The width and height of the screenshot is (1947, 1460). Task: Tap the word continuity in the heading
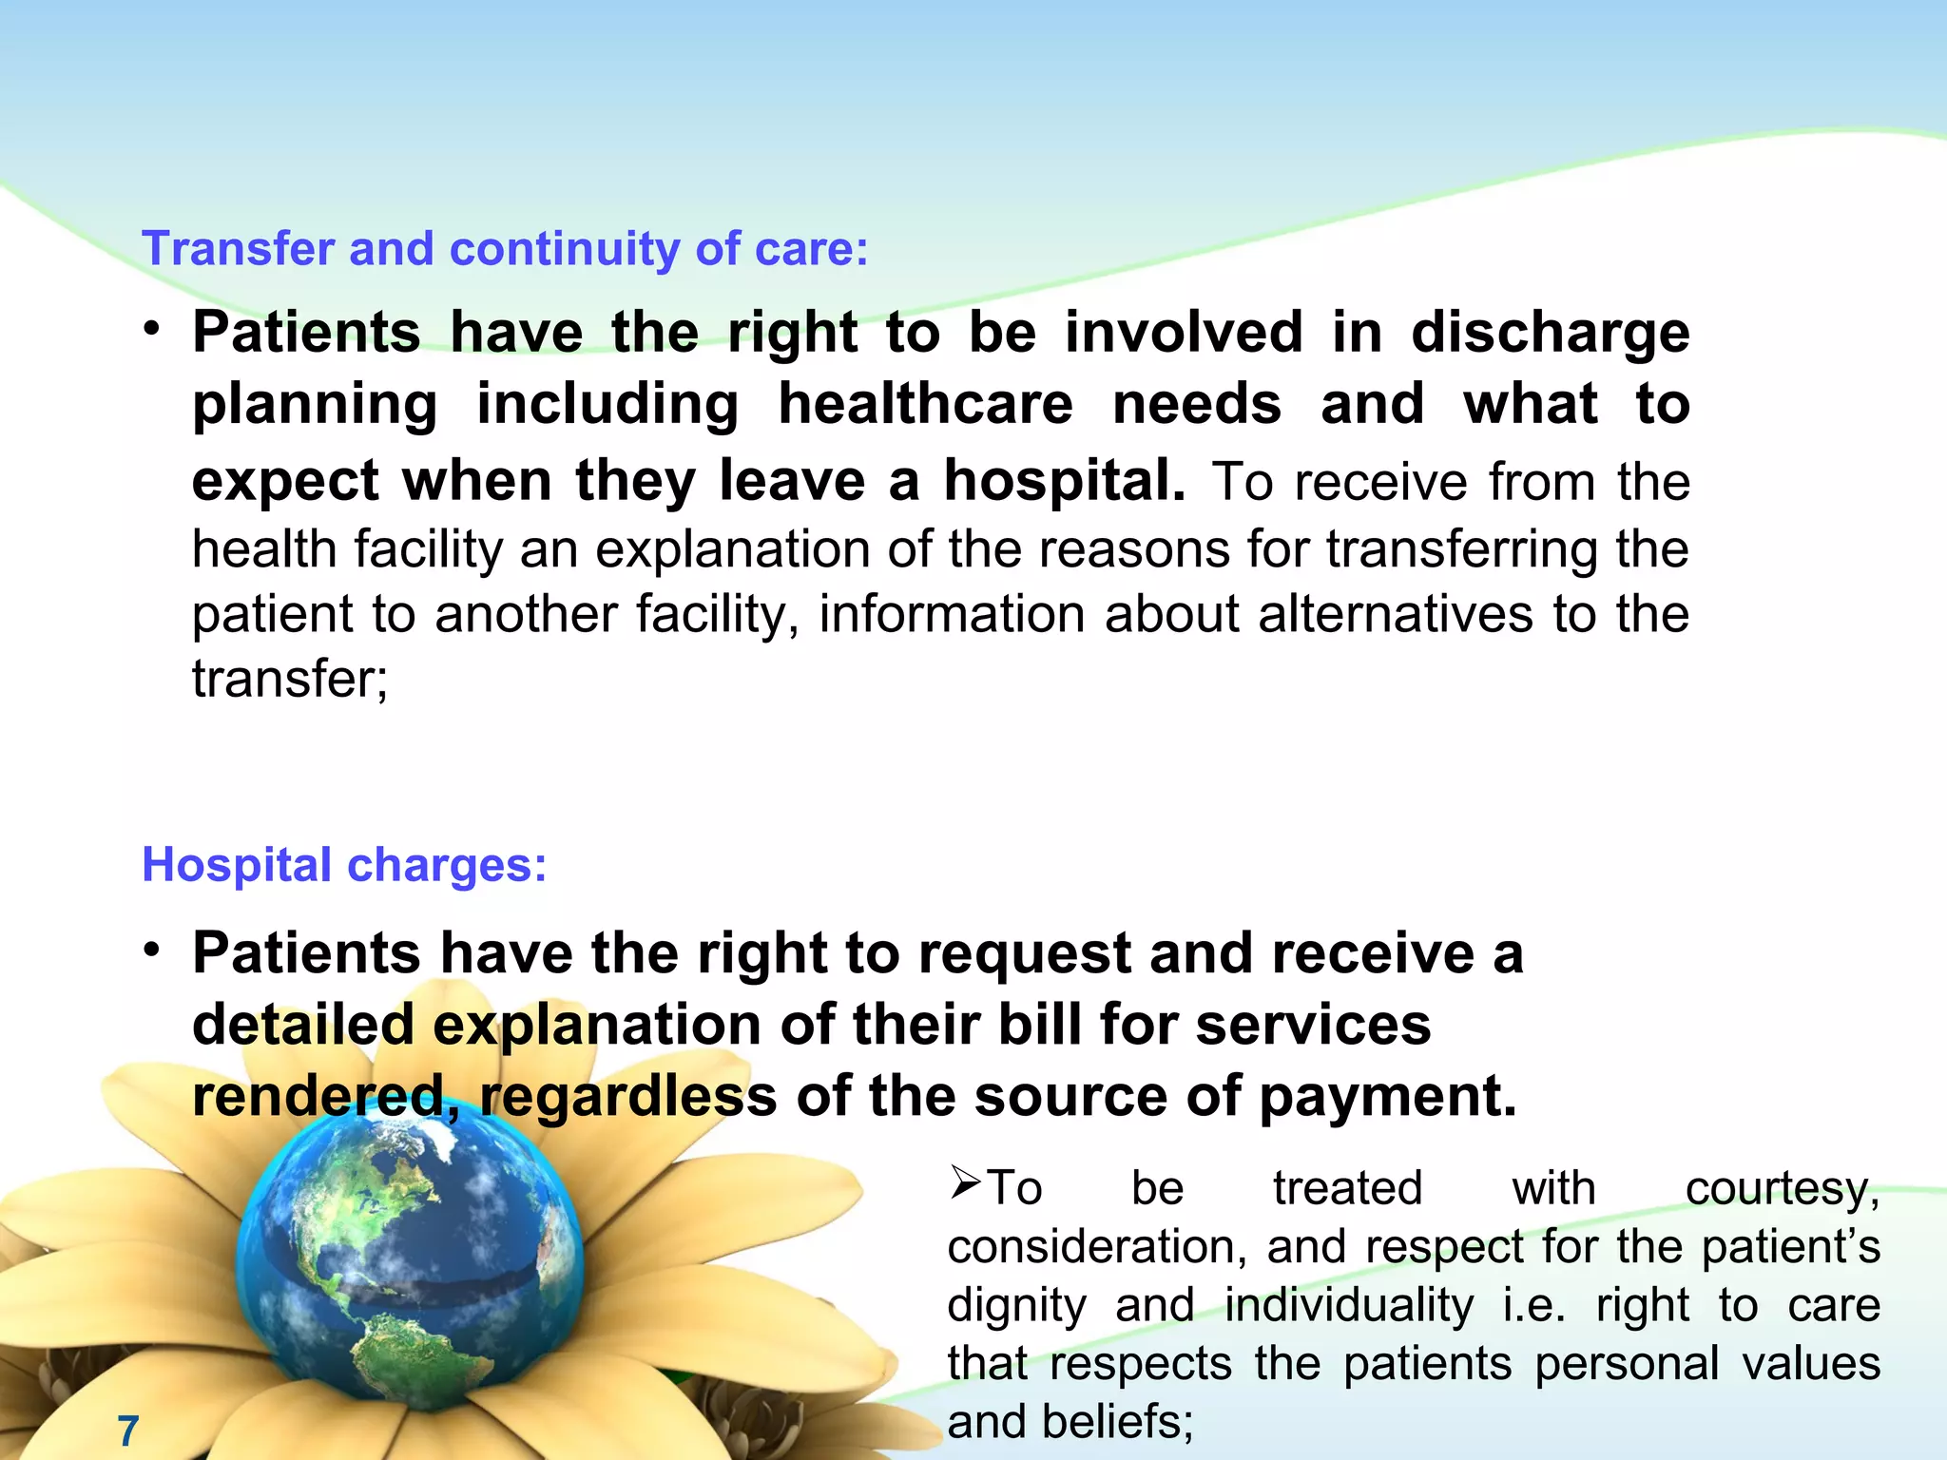565,249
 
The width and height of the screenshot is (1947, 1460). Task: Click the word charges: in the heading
447,866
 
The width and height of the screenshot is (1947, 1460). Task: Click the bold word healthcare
925,405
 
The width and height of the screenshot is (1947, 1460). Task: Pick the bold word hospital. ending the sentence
1065,481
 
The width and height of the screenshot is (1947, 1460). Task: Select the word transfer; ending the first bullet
290,679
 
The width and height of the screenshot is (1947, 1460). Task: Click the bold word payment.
1387,1096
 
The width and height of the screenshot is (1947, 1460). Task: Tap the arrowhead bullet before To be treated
965,1183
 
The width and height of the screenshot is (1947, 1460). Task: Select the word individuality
1349,1305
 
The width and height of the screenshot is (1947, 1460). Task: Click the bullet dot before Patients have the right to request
152,951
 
